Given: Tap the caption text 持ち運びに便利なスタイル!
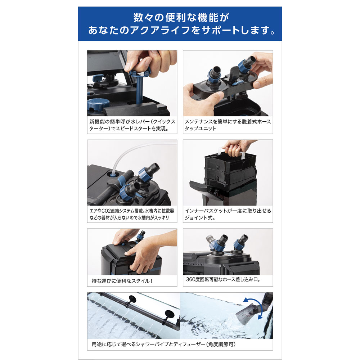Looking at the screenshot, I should pos(121,280).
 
